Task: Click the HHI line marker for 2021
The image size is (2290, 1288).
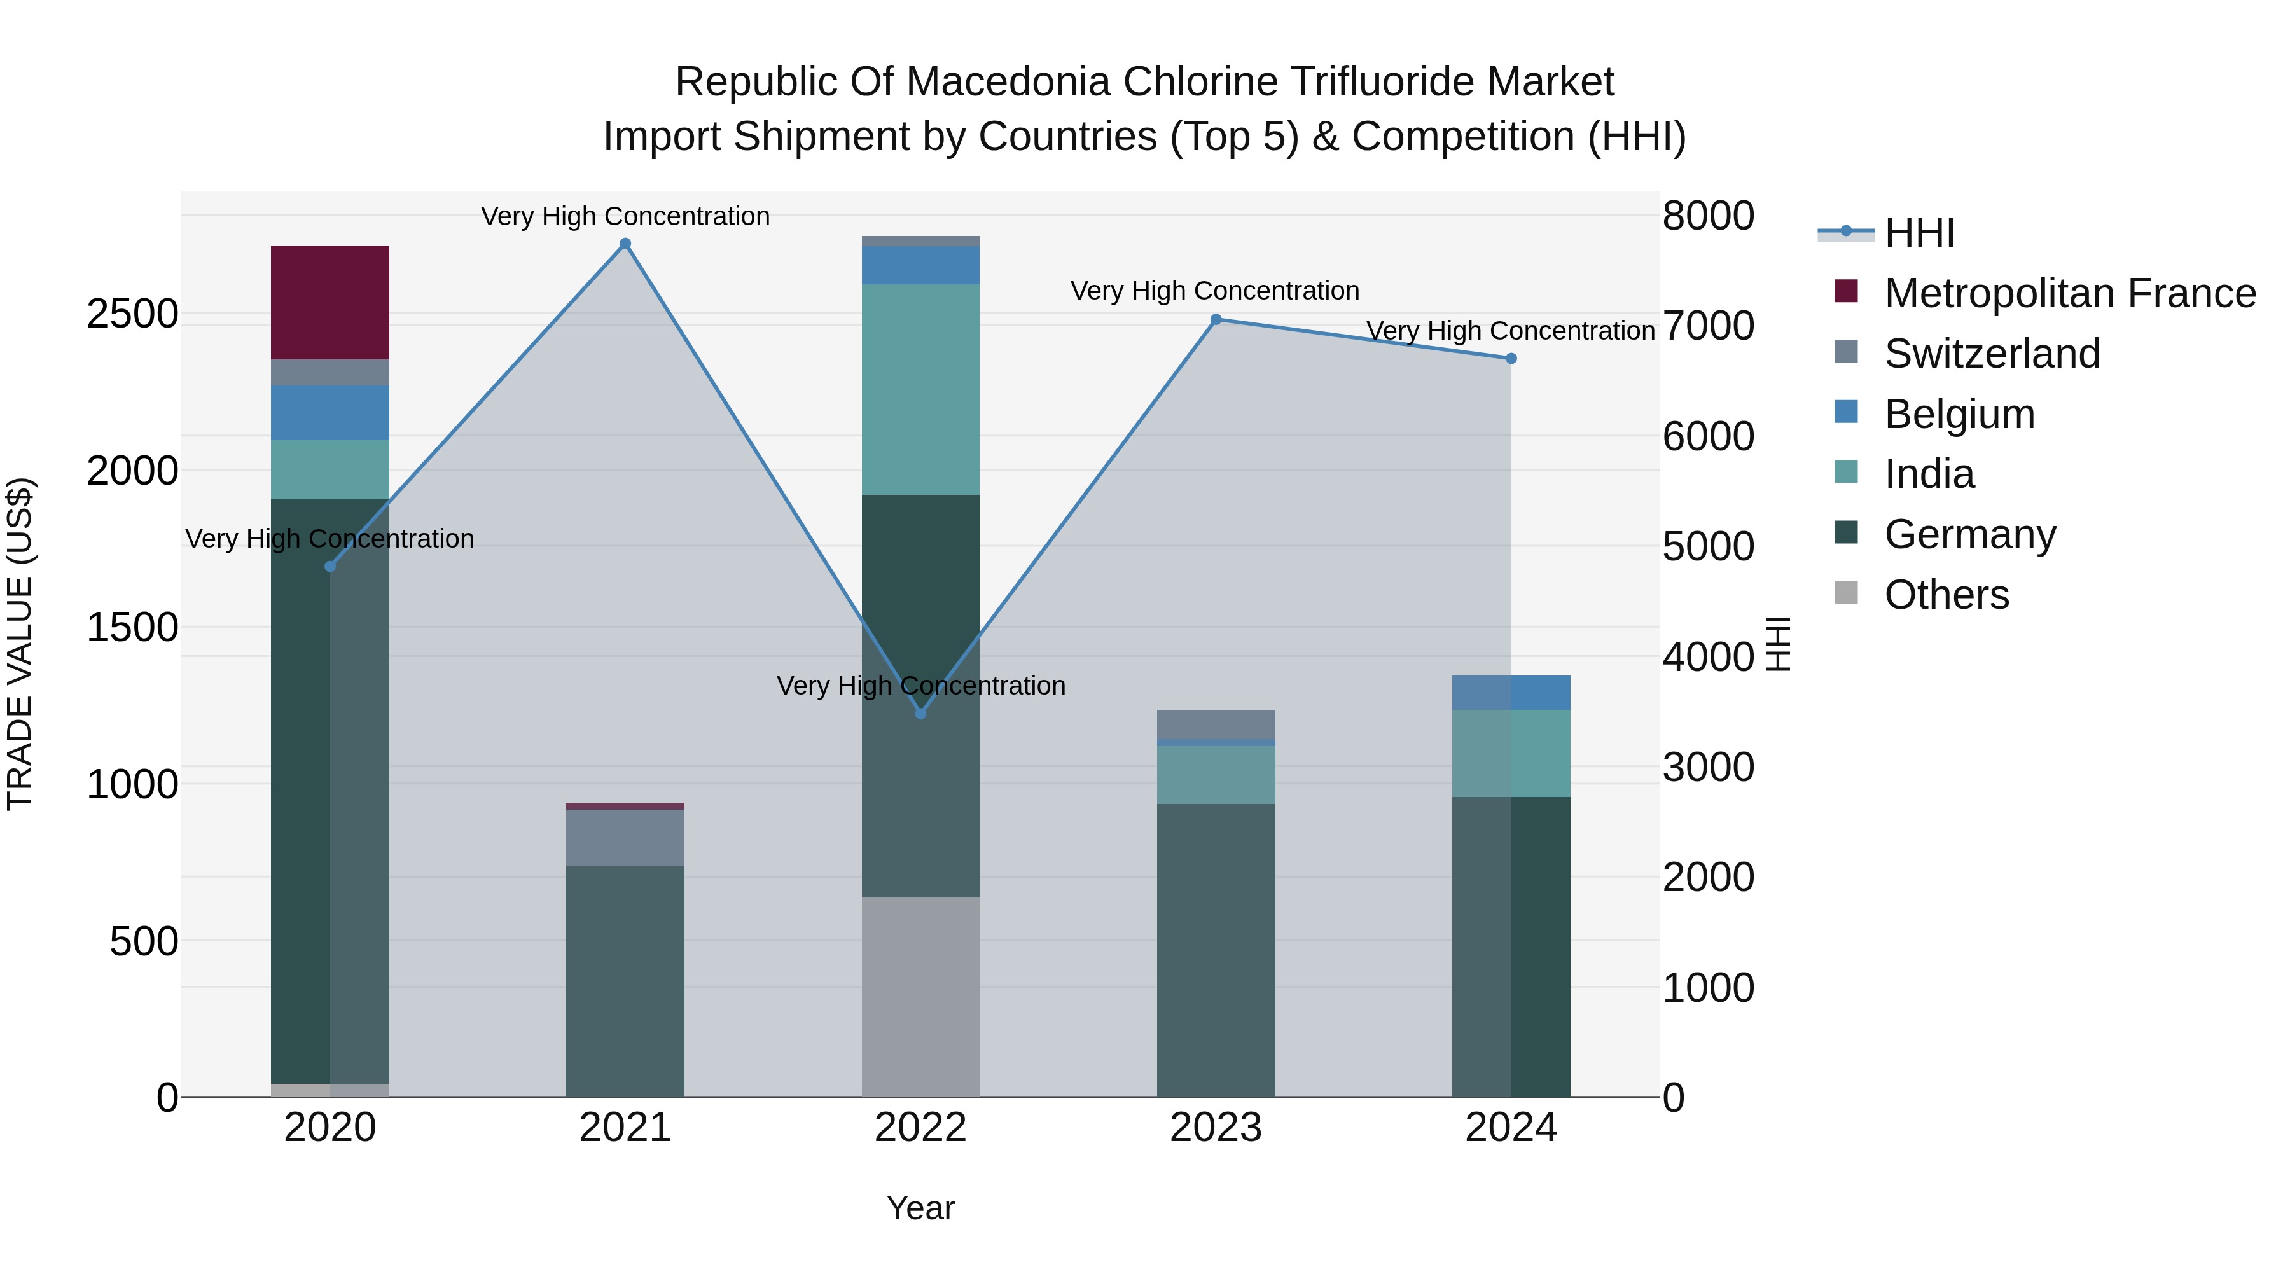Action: click(625, 244)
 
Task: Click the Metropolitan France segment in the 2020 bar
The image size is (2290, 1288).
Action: click(330, 302)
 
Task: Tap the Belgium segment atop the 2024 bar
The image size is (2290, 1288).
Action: click(1511, 693)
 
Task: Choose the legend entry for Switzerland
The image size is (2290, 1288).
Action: click(1991, 354)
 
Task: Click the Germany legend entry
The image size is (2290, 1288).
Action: click(1970, 534)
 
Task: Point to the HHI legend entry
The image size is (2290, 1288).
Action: click(1919, 233)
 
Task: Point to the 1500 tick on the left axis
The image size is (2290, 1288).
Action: click(132, 628)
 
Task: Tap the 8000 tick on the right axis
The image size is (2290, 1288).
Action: click(1708, 216)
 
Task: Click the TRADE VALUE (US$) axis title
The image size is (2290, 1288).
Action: click(20, 644)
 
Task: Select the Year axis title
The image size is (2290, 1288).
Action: click(920, 1208)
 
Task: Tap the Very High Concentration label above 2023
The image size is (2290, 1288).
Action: click(1214, 291)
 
